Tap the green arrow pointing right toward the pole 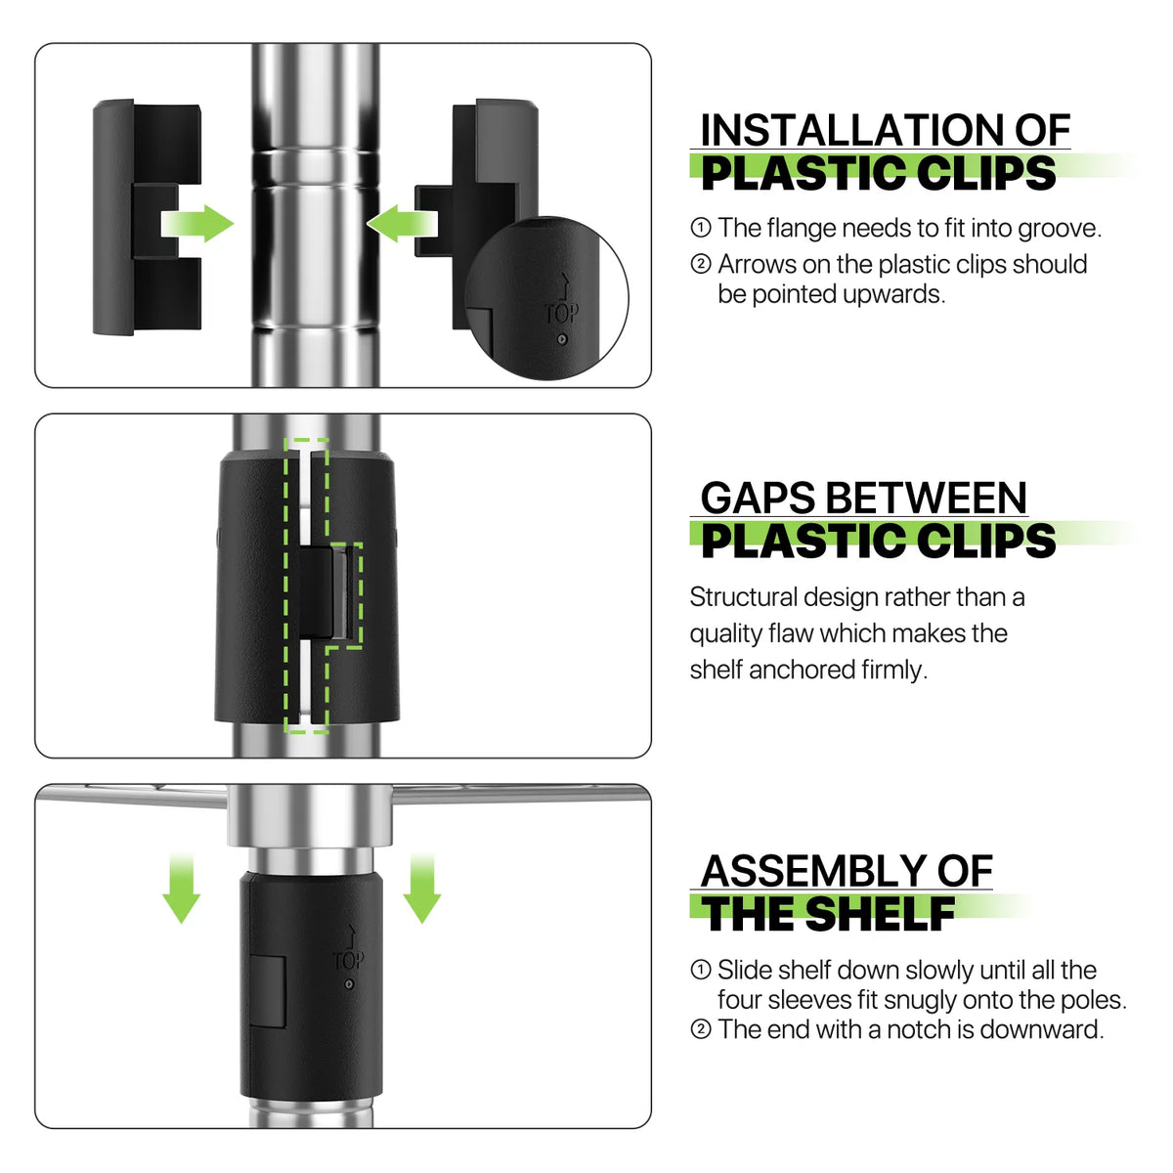pos(197,224)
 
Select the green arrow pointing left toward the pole pos(403,224)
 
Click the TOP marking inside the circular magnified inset pos(561,314)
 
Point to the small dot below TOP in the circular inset pos(562,339)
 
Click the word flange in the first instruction pos(802,229)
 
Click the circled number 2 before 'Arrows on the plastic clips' pos(701,264)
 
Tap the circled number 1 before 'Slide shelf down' pos(701,970)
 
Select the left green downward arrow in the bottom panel pos(182,890)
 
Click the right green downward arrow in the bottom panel pos(422,890)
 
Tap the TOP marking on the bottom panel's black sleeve pos(349,961)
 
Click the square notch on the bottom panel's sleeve pos(267,991)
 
